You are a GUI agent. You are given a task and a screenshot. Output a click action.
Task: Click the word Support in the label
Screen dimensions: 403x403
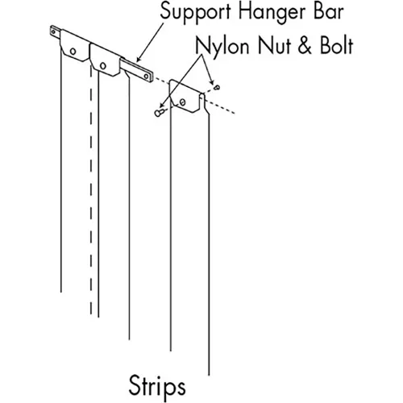196,13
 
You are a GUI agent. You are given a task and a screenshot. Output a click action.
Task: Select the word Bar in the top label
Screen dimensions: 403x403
329,12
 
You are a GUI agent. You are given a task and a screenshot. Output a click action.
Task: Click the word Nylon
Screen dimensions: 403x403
222,46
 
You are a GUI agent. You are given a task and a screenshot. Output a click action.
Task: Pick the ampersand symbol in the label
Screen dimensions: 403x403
305,46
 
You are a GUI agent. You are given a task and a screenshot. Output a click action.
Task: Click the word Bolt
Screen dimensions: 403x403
336,46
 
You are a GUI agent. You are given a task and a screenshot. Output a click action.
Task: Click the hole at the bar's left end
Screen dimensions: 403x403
53,32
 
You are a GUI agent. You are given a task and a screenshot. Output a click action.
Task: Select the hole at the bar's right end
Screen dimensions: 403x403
147,77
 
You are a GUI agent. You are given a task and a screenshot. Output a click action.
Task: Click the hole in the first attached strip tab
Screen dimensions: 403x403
73,51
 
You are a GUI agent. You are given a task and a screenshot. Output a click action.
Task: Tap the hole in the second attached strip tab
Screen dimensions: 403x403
103,65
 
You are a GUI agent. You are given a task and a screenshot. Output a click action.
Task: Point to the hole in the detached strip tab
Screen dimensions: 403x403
182,102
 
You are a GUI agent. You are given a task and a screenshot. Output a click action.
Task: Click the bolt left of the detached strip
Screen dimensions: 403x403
160,112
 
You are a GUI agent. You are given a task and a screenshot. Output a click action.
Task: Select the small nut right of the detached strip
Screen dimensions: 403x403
217,87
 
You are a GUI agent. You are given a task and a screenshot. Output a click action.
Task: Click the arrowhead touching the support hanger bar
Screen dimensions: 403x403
139,60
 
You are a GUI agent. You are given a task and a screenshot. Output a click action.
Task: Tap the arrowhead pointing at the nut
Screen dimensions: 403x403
212,81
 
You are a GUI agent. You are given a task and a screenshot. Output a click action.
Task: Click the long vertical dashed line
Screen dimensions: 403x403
91,190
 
